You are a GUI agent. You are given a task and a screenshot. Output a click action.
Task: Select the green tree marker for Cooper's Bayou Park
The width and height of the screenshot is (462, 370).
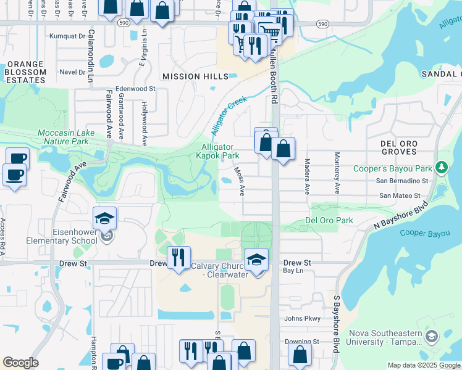pos(440,168)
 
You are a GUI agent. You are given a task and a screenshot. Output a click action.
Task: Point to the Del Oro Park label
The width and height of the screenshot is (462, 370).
pos(329,220)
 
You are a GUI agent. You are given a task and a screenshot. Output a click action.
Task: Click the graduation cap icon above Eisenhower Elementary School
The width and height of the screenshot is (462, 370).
pos(105,218)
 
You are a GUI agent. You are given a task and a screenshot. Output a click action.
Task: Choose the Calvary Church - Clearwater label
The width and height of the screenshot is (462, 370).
pos(219,270)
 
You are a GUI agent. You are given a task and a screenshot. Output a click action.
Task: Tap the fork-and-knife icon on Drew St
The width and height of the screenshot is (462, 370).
pos(178,257)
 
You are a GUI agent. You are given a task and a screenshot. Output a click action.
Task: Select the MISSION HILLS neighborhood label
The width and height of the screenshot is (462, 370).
pos(190,76)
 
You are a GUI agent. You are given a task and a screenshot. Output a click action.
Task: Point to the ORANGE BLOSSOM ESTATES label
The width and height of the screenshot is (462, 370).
pos(25,72)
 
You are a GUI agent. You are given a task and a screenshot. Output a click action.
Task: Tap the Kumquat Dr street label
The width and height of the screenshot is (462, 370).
pos(67,36)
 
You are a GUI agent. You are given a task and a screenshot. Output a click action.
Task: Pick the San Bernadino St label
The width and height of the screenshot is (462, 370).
pos(403,181)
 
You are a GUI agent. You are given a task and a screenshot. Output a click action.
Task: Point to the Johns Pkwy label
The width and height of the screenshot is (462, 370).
pos(303,319)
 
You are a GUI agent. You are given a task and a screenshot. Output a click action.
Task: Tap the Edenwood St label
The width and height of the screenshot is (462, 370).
pos(135,89)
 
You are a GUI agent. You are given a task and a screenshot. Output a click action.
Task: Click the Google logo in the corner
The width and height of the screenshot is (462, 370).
pos(20,363)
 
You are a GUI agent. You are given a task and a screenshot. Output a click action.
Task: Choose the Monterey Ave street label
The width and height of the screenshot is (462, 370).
pos(337,173)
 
